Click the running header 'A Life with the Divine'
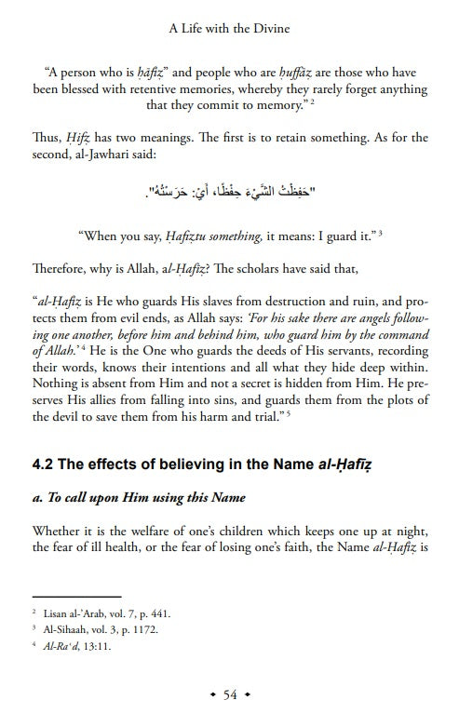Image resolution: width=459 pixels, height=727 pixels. pos(229,29)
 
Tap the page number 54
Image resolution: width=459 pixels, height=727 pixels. pos(230,695)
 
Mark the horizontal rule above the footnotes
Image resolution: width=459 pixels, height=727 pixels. pos(76,596)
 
